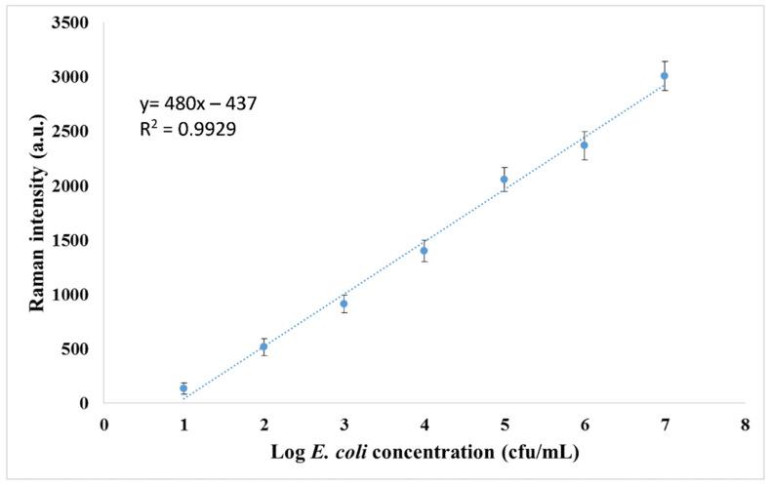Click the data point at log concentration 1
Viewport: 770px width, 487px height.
pos(183,388)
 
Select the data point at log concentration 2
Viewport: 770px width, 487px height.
pos(263,346)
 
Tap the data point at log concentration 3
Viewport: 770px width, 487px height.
pos(344,304)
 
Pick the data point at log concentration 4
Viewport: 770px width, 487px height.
pos(424,251)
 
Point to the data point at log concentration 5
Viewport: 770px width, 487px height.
pos(505,180)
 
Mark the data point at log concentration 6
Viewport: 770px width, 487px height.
pos(585,145)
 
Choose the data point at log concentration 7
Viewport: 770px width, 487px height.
pos(665,76)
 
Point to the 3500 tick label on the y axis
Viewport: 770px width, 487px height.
pos(72,22)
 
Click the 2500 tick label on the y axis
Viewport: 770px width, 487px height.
pos(72,131)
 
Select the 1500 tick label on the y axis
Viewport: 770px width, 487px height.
pos(72,240)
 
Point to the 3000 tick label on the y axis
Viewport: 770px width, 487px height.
pos(72,77)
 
